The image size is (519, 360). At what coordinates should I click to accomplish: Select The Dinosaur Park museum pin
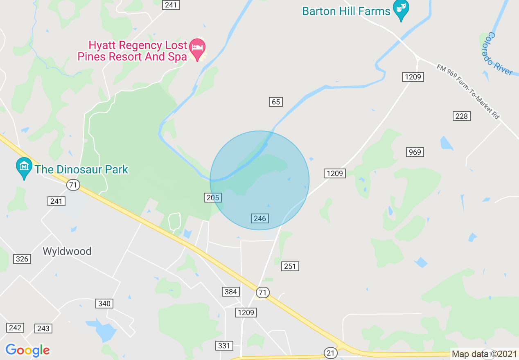[24, 167]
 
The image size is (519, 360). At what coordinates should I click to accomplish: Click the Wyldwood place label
[67, 251]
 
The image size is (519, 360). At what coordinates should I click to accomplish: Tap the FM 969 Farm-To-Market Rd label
[468, 92]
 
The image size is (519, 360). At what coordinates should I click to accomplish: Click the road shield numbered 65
[276, 102]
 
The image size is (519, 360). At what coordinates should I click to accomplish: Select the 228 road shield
[461, 116]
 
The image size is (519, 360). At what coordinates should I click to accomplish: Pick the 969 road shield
[415, 152]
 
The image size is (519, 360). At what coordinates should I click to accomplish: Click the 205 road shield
[213, 198]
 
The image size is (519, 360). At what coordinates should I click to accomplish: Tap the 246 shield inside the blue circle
[260, 218]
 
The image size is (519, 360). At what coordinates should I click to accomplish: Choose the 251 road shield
[290, 266]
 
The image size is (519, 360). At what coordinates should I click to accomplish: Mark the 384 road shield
[231, 292]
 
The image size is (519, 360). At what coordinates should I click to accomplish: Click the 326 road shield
[22, 259]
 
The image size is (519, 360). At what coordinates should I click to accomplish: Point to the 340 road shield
[104, 303]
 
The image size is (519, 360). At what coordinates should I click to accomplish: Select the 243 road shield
[43, 328]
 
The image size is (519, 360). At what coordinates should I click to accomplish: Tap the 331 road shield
[224, 346]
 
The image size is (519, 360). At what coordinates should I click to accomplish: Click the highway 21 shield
[330, 353]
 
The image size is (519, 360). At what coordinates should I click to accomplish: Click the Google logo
[27, 350]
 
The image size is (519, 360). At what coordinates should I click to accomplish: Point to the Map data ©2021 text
[484, 354]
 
